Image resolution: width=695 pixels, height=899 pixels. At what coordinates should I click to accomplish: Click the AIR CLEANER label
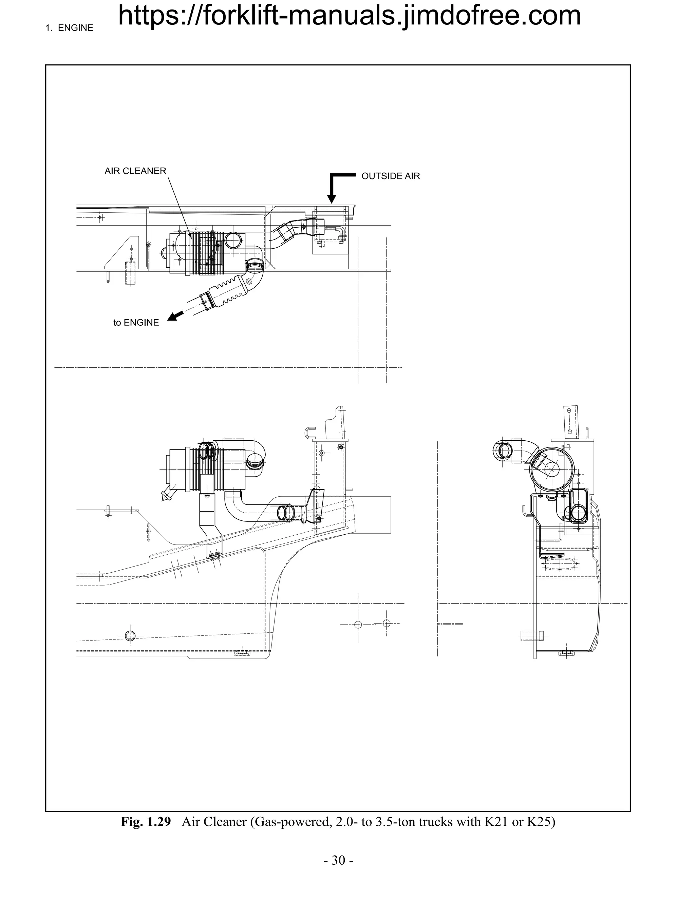coord(135,171)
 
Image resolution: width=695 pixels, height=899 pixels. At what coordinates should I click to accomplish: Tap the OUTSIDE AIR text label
coord(390,176)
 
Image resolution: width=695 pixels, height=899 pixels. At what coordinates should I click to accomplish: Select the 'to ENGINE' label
coord(136,323)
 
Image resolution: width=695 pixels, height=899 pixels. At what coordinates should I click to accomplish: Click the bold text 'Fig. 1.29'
coord(145,822)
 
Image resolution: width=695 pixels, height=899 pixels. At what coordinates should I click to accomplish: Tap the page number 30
coord(338,861)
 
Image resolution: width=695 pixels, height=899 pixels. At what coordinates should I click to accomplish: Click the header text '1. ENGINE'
coord(69,28)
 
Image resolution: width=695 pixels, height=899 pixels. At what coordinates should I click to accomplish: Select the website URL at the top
coord(349,16)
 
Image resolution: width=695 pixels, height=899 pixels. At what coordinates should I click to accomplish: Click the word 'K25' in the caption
coord(541,822)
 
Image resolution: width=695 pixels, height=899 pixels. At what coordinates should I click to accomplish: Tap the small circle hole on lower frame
coord(130,635)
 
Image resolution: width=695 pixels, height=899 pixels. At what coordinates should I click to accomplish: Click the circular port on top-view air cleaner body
coord(235,241)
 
